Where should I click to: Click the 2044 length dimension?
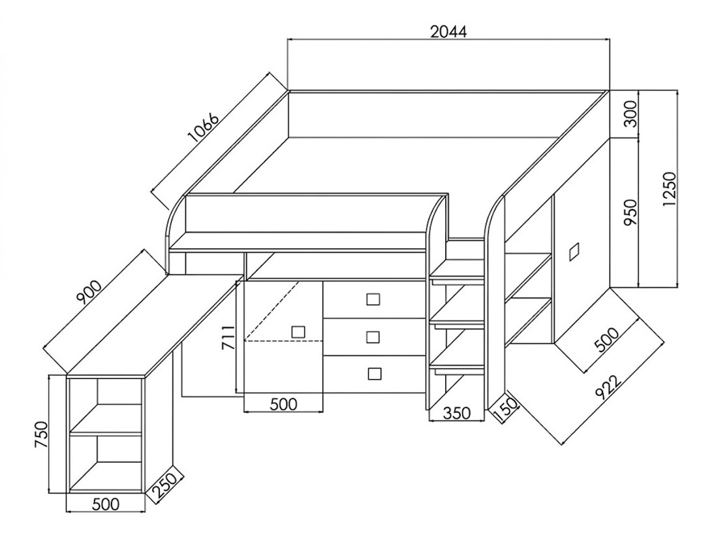pyautogui.click(x=448, y=31)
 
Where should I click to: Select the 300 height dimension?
pyautogui.click(x=631, y=114)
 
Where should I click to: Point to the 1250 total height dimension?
pyautogui.click(x=669, y=189)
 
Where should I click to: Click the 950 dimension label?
pyautogui.click(x=631, y=212)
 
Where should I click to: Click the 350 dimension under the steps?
pyautogui.click(x=456, y=413)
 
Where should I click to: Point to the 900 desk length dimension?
pyautogui.click(x=90, y=293)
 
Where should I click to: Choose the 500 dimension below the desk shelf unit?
pyautogui.click(x=106, y=504)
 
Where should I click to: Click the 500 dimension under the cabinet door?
pyautogui.click(x=284, y=404)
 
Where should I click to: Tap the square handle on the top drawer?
pyautogui.click(x=373, y=300)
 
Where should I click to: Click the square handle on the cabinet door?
pyautogui.click(x=298, y=332)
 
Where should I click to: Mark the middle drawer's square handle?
pyautogui.click(x=373, y=337)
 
